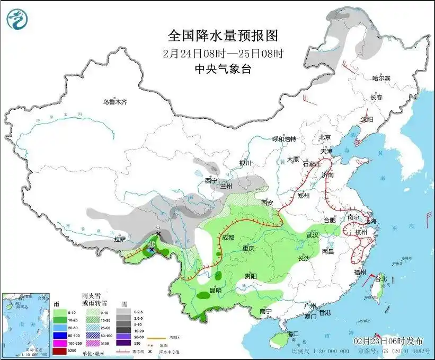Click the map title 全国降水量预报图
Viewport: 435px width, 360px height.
tap(223, 36)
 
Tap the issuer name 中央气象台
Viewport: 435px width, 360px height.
tap(223, 68)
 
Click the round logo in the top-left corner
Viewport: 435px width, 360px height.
tap(17, 20)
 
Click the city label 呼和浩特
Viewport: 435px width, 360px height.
tap(284, 139)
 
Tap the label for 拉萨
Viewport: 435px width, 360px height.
tap(120, 239)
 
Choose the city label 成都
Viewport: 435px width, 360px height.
tap(228, 238)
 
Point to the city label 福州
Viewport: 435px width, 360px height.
tap(360, 272)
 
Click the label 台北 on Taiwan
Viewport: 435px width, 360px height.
tap(381, 278)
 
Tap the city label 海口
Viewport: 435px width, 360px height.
tap(294, 334)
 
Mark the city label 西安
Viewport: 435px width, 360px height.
tap(267, 203)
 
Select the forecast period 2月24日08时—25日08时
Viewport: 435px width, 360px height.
tap(223, 53)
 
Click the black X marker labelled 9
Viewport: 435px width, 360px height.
tap(158, 234)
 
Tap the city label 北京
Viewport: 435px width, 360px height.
tap(325, 137)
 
